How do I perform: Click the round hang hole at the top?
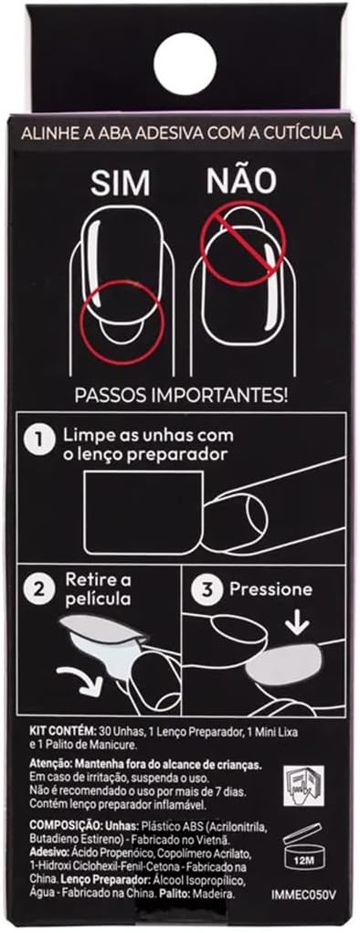pyautogui.click(x=185, y=63)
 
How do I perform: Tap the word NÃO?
pyautogui.click(x=242, y=180)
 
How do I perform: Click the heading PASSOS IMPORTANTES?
pyautogui.click(x=181, y=396)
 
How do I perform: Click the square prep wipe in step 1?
pyautogui.click(x=143, y=512)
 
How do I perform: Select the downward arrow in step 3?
pyautogui.click(x=297, y=623)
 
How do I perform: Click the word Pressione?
pyautogui.click(x=270, y=589)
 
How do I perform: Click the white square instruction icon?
pyautogui.click(x=303, y=787)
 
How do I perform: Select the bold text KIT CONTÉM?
pyautogui.click(x=58, y=731)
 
